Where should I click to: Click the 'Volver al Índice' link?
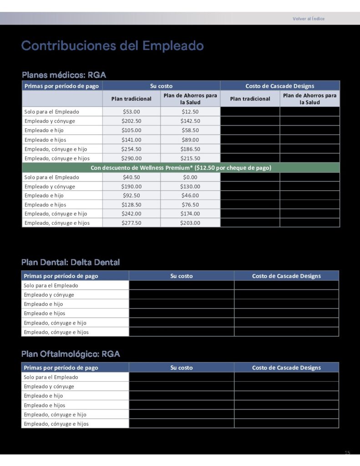[x=309, y=19]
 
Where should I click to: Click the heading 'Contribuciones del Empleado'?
[x=112, y=46]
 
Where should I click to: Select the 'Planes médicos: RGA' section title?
[x=64, y=75]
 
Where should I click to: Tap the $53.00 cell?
[x=132, y=111]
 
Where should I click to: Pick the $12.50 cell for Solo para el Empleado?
[x=190, y=111]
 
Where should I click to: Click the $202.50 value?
[x=132, y=121]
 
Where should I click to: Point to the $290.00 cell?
[x=132, y=158]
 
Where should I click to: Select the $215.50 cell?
[x=190, y=158]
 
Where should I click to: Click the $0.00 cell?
[x=190, y=177]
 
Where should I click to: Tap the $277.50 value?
[x=132, y=223]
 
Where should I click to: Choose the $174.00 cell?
[x=190, y=213]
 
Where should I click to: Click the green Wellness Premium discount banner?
[x=181, y=168]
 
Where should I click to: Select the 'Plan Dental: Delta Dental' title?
[x=71, y=262]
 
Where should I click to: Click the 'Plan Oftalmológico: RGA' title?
[x=71, y=354]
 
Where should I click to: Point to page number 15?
[x=347, y=453]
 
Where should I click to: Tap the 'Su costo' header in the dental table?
[x=182, y=276]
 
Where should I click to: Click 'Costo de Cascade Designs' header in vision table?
[x=286, y=368]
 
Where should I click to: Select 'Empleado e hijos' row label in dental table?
[x=45, y=313]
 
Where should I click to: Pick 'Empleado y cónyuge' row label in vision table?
[x=49, y=386]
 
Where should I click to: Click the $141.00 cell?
[x=132, y=140]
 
